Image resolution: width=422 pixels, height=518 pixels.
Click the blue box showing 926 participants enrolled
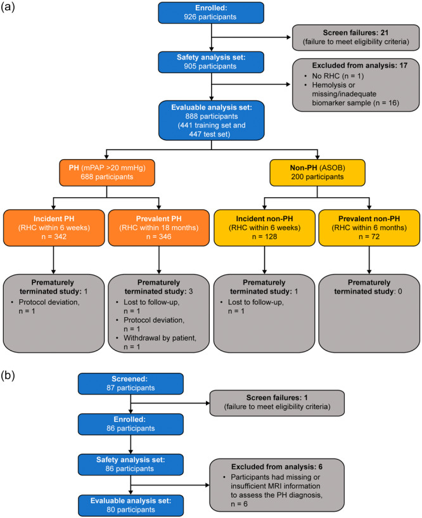pyautogui.click(x=211, y=13)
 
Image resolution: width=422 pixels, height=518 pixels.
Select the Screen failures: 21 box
pyautogui.click(x=355, y=37)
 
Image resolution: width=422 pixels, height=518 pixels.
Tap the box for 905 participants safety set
pyautogui.click(x=211, y=62)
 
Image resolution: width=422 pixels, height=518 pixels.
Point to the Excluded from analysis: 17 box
pyautogui.click(x=355, y=85)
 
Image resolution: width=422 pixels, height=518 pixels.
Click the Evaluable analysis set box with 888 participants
pyautogui.click(x=212, y=120)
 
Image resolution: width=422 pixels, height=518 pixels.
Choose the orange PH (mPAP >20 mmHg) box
pyautogui.click(x=107, y=173)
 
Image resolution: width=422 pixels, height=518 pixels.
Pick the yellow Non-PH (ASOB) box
pyautogui.click(x=317, y=173)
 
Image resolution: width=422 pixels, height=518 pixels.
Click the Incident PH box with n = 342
pyautogui.click(x=54, y=228)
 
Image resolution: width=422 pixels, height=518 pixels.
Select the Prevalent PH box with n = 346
pyautogui.click(x=159, y=228)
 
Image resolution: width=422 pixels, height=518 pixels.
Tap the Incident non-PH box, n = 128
pyautogui.click(x=264, y=228)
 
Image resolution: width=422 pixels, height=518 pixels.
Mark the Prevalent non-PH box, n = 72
pyautogui.click(x=369, y=228)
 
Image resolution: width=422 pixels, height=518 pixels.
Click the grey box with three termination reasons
pyautogui.click(x=159, y=313)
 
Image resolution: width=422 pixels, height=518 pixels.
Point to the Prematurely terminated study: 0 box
pyautogui.click(x=369, y=313)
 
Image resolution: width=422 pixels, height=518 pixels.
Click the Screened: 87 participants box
pyautogui.click(x=131, y=384)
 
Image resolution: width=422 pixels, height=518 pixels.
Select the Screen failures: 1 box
pyautogui.click(x=277, y=403)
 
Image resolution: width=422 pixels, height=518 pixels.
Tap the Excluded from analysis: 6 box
pyautogui.click(x=277, y=485)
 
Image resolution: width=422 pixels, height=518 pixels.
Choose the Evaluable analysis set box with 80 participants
pyautogui.click(x=131, y=505)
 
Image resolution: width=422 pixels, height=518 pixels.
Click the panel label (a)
pyautogui.click(x=8, y=7)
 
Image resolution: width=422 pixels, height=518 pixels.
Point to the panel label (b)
pyautogui.click(x=8, y=375)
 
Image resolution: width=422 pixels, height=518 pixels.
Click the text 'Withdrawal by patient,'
pyautogui.click(x=160, y=338)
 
